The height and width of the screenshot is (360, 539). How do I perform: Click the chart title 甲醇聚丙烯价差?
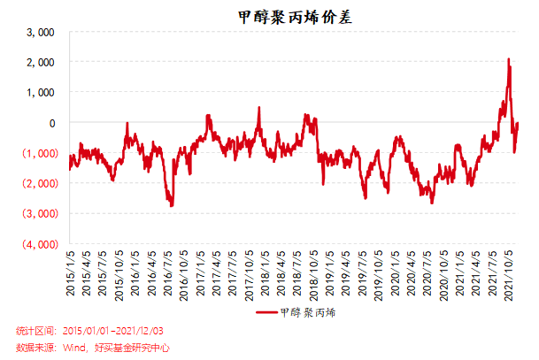click(282, 15)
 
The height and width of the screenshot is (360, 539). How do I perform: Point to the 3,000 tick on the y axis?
click(42, 33)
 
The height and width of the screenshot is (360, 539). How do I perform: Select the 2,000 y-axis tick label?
click(42, 63)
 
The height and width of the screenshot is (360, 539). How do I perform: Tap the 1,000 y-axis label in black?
click(42, 93)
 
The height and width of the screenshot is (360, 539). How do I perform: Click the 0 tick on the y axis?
click(51, 123)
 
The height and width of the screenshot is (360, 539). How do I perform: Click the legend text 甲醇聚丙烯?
click(307, 312)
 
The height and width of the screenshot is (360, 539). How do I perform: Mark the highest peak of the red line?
click(509, 59)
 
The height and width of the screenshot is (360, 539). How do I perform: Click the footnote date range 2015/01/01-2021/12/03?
click(109, 331)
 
